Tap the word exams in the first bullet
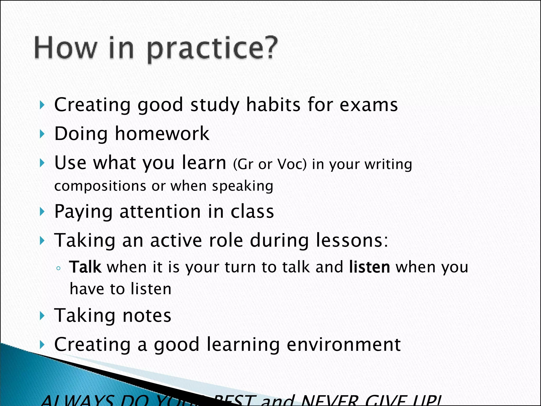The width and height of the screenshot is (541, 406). point(369,105)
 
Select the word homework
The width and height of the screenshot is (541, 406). point(162,133)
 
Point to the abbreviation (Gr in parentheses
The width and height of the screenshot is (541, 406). point(243,164)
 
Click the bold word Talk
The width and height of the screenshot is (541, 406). point(85,267)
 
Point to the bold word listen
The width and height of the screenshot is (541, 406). point(369,267)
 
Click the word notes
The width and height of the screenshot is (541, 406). point(147,316)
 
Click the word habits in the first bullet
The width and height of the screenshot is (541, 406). point(273,105)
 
